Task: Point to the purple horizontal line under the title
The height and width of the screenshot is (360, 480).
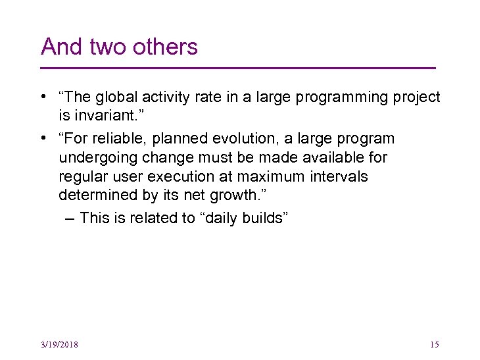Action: [x=238, y=68]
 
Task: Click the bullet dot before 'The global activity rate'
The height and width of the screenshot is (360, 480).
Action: [x=42, y=97]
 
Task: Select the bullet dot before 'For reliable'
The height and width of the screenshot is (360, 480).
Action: [x=42, y=139]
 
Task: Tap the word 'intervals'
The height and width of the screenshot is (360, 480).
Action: [x=343, y=177]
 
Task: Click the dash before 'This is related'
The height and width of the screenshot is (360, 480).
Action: [x=70, y=219]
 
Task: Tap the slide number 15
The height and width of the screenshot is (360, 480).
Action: [x=433, y=345]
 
